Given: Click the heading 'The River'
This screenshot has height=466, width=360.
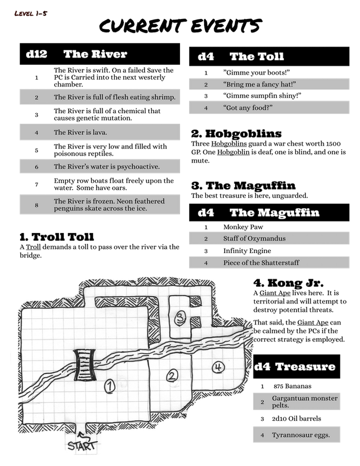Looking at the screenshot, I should click(x=95, y=54).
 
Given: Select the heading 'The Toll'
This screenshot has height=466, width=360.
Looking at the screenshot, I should click(x=256, y=56).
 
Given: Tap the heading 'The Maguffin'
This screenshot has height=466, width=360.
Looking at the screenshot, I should click(x=274, y=212).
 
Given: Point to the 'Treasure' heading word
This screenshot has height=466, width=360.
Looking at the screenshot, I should click(x=305, y=367).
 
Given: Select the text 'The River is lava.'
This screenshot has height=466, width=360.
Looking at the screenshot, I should click(x=80, y=132).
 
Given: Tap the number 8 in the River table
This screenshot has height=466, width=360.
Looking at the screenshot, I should click(x=36, y=205).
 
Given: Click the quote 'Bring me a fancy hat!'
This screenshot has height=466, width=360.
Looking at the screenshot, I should click(x=260, y=84).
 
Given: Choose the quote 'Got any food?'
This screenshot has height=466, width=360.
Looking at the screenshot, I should click(x=248, y=108).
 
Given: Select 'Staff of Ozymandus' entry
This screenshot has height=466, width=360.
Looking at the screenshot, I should click(x=254, y=238).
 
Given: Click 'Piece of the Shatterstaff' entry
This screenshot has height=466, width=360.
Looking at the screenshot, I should click(x=261, y=262).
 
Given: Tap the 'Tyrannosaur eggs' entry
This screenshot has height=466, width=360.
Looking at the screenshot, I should click(x=301, y=435).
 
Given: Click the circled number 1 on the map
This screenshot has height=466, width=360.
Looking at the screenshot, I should click(x=109, y=386).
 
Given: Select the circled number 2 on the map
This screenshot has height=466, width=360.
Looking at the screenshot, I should click(x=173, y=376).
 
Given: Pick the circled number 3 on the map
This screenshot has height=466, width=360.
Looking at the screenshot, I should click(x=180, y=318).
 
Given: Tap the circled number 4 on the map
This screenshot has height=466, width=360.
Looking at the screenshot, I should click(x=218, y=367).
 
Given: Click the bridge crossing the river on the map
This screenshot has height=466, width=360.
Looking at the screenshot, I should click(x=84, y=365).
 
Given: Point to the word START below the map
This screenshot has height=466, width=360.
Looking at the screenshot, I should click(x=83, y=445).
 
